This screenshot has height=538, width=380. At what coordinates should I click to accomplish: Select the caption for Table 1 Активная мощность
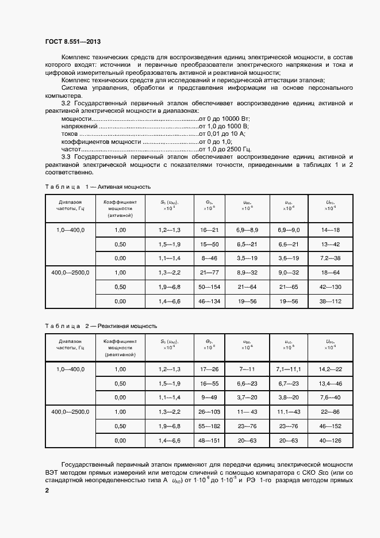coord(98,187)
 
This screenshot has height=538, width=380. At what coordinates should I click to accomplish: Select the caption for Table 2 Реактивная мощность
coord(101,326)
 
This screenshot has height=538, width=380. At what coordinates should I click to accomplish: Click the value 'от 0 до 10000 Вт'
coord(225,118)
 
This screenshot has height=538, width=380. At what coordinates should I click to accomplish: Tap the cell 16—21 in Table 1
coord(210,230)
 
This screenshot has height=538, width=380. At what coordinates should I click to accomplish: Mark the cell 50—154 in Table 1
coord(210,287)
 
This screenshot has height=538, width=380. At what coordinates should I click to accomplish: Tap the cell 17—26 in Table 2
coord(210,369)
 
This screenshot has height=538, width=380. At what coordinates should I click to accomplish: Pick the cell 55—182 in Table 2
coord(210,426)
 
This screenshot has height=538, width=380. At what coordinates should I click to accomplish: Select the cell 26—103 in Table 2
coord(210,412)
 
